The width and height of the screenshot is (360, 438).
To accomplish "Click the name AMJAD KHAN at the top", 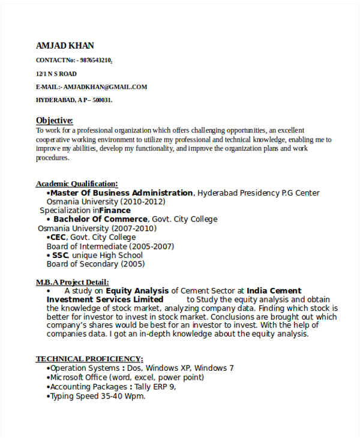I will coord(65,46).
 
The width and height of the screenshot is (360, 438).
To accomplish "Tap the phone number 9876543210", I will coord(95,60).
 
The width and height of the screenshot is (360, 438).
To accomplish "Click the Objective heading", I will coord(55,120).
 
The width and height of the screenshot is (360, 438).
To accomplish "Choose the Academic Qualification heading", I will coord(77,184).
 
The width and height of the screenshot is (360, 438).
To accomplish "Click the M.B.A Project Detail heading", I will coord(73,282).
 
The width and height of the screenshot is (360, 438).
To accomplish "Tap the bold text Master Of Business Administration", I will coord(121,193).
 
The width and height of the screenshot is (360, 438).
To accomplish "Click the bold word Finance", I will coord(115,211).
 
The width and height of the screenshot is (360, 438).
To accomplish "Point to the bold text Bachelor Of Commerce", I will coord(100,220).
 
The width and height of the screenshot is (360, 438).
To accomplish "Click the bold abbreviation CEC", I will coord(58,238).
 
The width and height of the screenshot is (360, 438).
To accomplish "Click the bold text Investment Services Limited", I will coord(105,299).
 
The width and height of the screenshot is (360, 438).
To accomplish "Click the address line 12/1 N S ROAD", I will coord(56,73).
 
